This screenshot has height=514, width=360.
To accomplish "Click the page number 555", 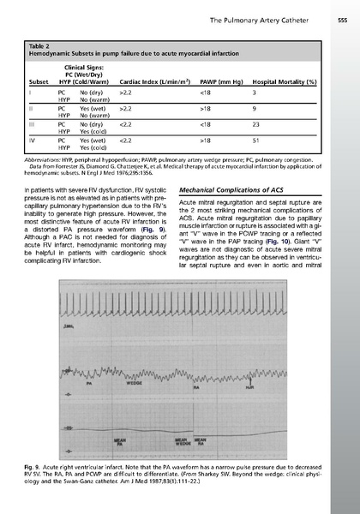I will (340, 7).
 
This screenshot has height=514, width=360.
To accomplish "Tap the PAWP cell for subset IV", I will (205, 139).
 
